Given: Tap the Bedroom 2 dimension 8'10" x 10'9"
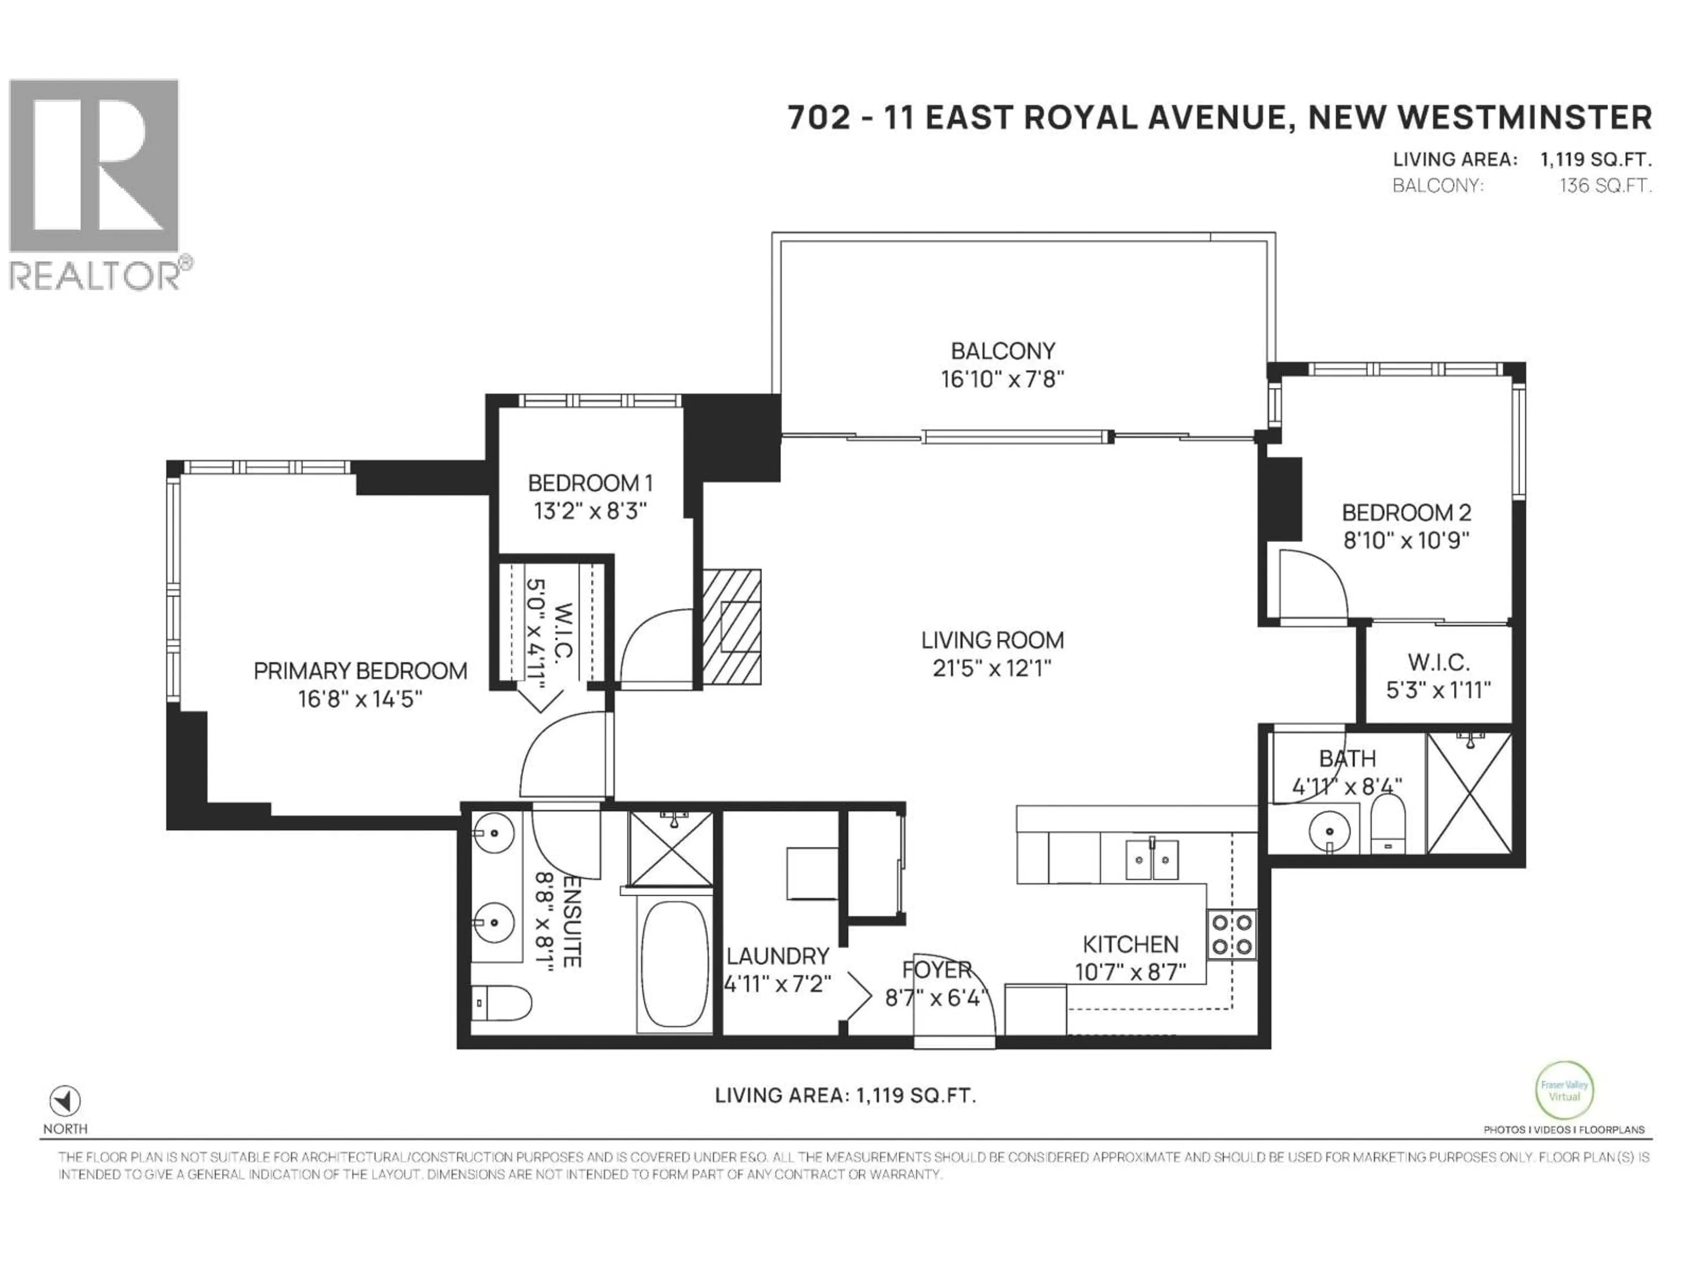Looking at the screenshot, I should pos(1406,541).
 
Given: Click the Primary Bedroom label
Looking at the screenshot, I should pos(360,671).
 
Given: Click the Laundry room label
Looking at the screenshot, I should pos(777,956).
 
